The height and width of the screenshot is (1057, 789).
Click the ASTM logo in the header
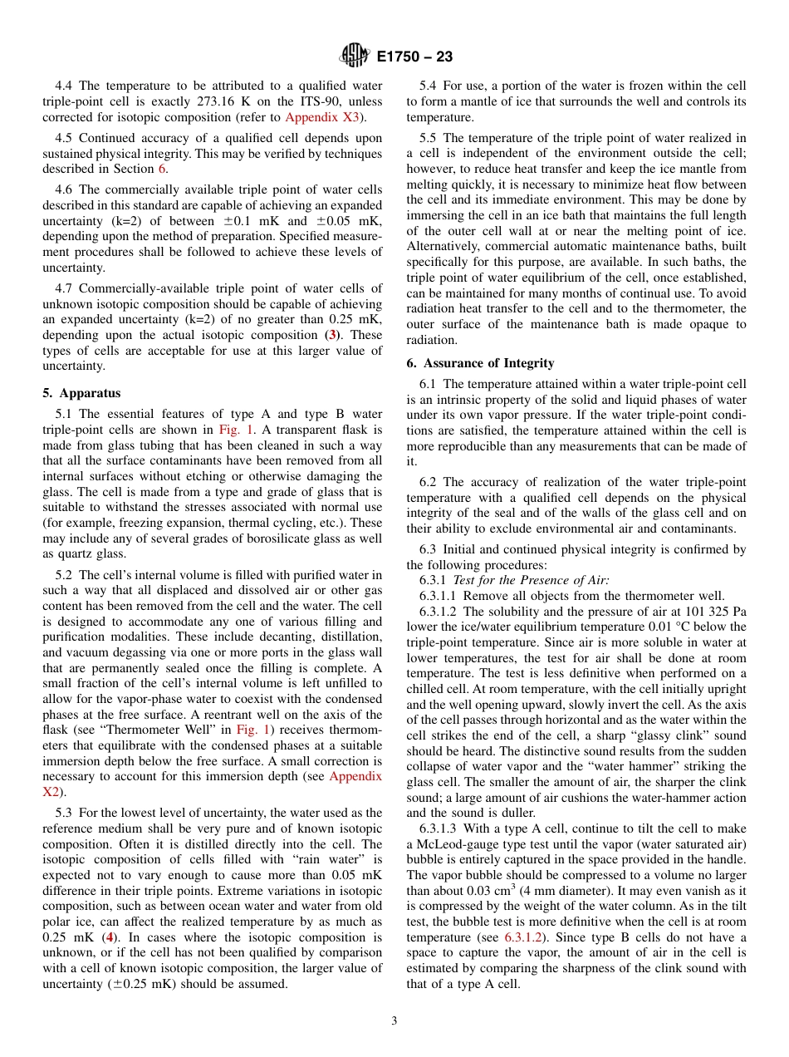355,57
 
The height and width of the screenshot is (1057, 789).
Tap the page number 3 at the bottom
394,1020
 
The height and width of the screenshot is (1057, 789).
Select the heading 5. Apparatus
81,393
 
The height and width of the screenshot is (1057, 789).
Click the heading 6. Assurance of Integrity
480,363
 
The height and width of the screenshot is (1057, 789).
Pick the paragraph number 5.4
429,86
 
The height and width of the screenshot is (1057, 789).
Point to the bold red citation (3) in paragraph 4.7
332,335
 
